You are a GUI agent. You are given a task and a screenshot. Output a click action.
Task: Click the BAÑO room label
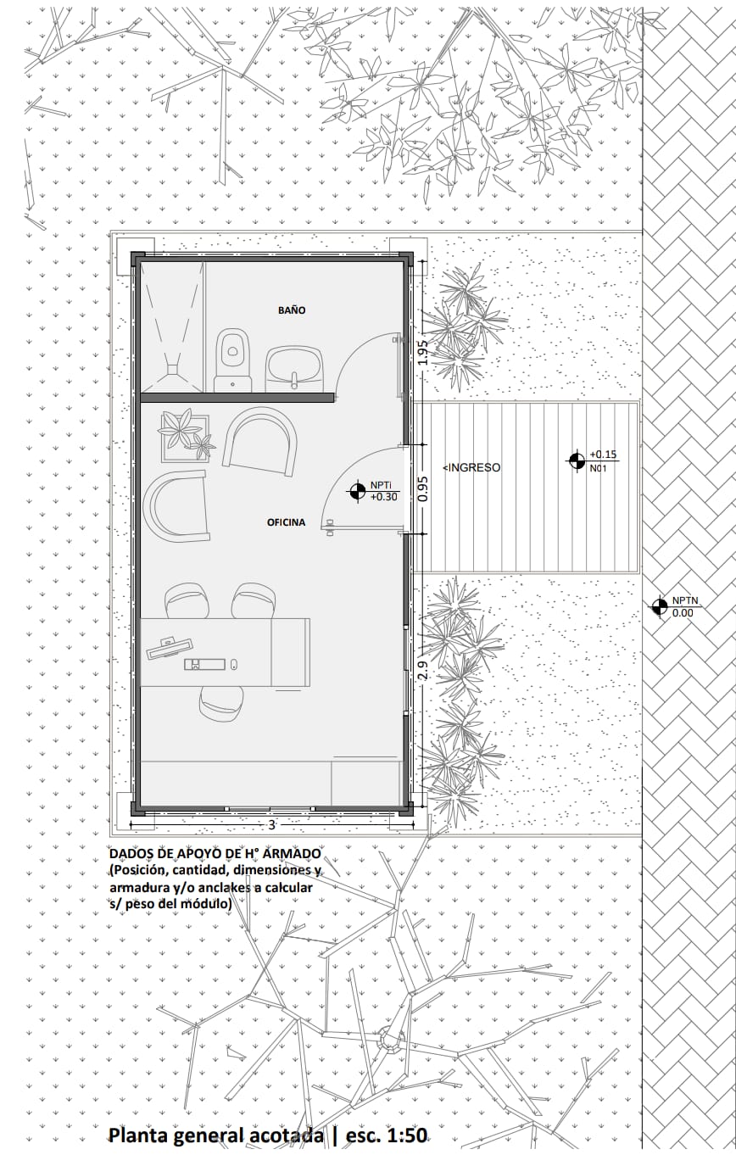(x=292, y=310)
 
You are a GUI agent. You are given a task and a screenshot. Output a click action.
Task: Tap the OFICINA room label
(x=286, y=522)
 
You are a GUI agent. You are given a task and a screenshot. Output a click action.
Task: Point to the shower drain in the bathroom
(x=172, y=368)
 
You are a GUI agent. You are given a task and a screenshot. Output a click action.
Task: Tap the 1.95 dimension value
(x=422, y=353)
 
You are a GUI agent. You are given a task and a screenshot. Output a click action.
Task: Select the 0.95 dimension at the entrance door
(x=422, y=488)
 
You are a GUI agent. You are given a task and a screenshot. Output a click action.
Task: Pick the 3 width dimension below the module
(x=271, y=825)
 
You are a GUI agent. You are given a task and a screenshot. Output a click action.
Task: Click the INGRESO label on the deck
(x=471, y=467)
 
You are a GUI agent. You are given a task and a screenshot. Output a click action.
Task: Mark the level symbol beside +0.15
(x=577, y=460)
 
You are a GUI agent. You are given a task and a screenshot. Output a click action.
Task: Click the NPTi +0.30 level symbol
(x=355, y=491)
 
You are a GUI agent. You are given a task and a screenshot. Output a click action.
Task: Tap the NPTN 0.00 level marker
(x=658, y=607)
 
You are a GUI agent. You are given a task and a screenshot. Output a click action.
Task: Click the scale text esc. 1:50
(x=387, y=1135)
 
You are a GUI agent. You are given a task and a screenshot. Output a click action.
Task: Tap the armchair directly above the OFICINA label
(x=261, y=441)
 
